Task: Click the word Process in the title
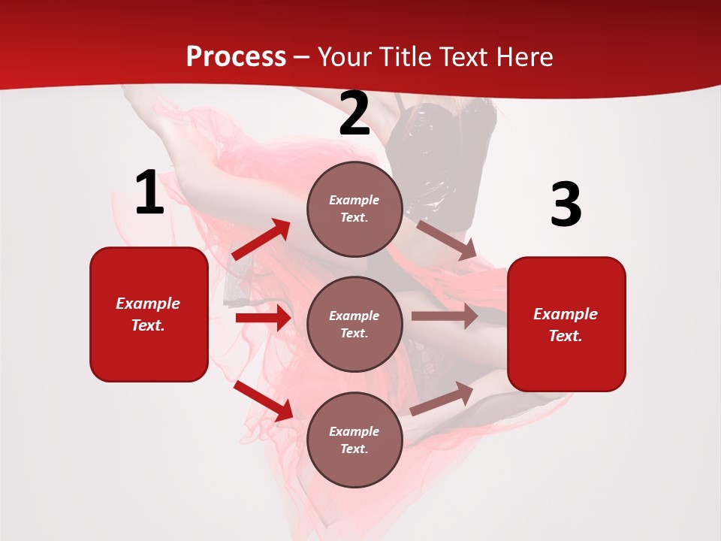236,57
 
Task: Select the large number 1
149,193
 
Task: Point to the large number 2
354,114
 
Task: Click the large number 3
566,205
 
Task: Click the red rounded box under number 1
149,314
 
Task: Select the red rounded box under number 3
566,325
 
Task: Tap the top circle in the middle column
354,209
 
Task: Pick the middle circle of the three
354,324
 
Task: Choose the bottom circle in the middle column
354,440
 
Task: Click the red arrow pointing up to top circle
261,240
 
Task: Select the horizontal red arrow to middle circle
263,318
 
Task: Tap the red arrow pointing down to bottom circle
263,400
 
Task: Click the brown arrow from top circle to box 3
446,240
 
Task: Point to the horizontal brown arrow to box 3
444,316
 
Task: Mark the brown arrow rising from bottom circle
442,399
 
